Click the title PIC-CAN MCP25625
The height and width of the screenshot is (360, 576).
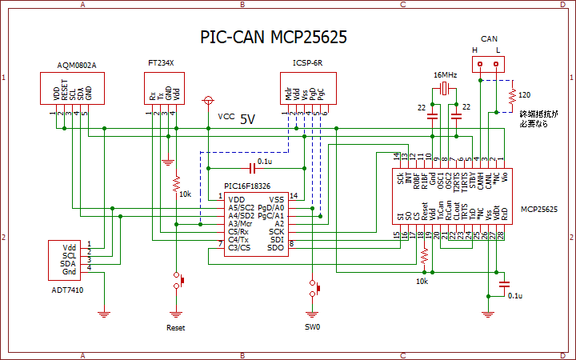coord(273,38)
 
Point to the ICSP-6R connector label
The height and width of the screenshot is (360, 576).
coord(307,62)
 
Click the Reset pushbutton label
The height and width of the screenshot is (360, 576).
coord(176,327)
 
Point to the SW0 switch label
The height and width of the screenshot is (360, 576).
coord(312,327)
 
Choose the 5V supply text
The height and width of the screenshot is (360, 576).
coord(247,118)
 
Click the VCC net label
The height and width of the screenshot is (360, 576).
coord(226,117)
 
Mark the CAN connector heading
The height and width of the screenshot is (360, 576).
coord(490,38)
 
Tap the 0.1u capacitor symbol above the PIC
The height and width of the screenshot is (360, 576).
coord(254,168)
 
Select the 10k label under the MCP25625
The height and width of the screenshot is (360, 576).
coord(422,282)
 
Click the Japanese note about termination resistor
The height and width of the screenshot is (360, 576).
coord(536,119)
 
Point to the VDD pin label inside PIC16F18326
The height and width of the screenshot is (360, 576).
coord(236,200)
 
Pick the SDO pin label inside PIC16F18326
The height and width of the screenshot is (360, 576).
coord(277,247)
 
